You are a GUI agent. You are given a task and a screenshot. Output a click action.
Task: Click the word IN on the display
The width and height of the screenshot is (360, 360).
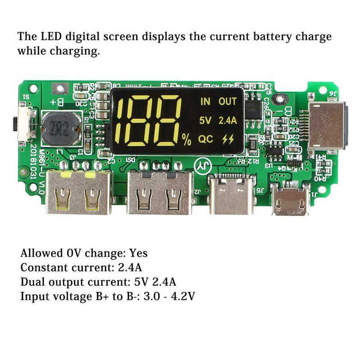(x=205, y=101)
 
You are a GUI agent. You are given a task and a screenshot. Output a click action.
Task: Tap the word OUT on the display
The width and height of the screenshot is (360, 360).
(x=227, y=101)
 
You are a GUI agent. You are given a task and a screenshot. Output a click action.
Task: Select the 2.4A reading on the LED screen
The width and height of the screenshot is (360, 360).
(x=227, y=120)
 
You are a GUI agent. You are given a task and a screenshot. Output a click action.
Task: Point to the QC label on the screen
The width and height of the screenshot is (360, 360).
(x=206, y=139)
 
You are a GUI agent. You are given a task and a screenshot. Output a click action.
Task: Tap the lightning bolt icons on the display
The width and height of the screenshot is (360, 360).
(x=228, y=139)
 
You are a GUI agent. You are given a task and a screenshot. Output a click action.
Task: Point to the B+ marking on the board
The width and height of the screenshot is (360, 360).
(x=57, y=103)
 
